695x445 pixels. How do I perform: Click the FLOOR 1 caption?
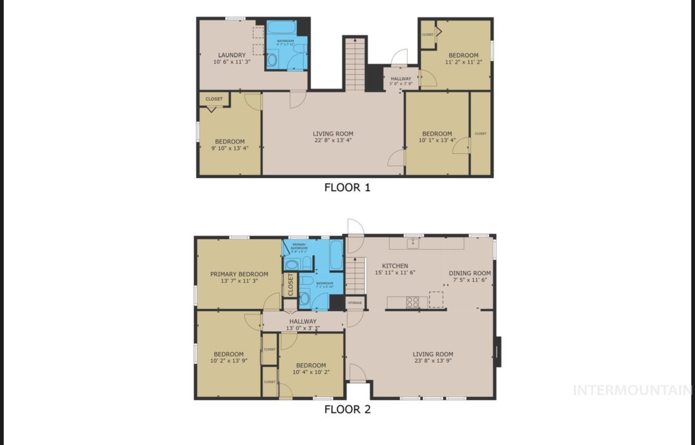(347, 187)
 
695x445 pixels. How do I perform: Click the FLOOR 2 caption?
(347, 410)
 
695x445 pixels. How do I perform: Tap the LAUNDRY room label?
(232, 55)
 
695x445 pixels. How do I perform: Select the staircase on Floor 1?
(355, 64)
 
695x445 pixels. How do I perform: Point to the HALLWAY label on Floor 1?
(401, 79)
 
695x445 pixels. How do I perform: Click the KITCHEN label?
(395, 266)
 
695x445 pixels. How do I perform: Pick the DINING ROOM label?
(470, 273)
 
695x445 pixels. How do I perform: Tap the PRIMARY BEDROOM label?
(239, 274)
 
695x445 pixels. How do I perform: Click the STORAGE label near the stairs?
(355, 303)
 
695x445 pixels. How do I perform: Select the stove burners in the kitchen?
(412, 302)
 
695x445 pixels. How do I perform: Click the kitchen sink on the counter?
(413, 243)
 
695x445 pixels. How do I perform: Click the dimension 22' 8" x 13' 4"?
(333, 141)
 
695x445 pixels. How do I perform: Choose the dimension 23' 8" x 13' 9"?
(433, 361)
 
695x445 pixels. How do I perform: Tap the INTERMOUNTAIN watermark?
(632, 390)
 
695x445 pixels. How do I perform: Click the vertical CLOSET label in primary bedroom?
(290, 284)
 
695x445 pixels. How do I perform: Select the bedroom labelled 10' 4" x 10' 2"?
(311, 369)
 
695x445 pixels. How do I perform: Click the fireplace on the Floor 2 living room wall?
(499, 351)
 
